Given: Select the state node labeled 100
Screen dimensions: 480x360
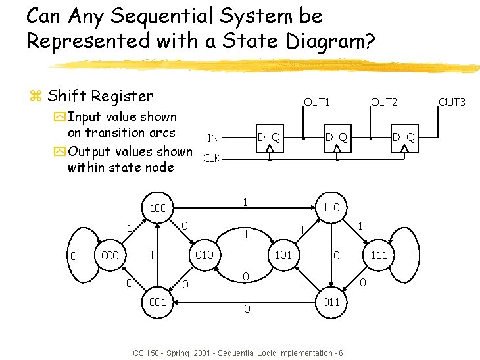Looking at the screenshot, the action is point(158,209).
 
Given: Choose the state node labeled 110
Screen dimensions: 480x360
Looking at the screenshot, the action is point(330,207).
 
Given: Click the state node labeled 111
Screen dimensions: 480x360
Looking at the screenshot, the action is point(379,255).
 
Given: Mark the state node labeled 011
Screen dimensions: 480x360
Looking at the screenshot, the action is point(331,302).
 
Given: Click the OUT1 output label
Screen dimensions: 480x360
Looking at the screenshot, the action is point(316,102).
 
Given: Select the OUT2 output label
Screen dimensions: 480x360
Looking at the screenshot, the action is point(384,102).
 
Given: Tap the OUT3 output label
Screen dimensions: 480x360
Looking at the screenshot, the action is point(452,102).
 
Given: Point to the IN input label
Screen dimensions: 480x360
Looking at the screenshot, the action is point(213,138).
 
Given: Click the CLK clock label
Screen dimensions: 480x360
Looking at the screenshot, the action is point(212,158).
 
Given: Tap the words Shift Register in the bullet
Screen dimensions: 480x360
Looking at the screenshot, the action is point(100,96).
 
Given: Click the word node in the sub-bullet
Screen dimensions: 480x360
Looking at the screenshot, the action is point(159,167).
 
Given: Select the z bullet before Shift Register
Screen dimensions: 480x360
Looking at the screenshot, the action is point(36,97).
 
